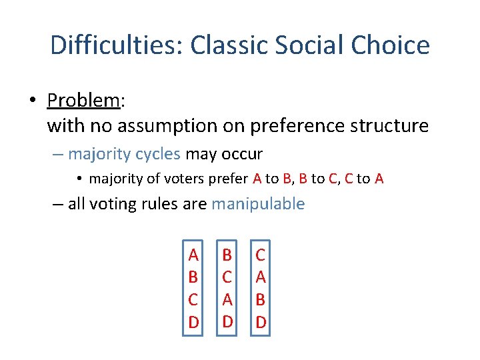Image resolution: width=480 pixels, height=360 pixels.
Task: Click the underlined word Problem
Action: coord(83,101)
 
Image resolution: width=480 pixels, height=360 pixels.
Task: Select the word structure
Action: coord(387,125)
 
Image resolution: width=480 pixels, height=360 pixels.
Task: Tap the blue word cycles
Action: coord(158,154)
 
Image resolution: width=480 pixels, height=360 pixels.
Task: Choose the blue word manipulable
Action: coord(258,204)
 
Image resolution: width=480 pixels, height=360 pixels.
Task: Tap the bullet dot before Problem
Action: coord(32,101)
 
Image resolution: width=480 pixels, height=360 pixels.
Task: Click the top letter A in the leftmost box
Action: coord(193,255)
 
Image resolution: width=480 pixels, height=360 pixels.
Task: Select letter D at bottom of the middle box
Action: coord(227,322)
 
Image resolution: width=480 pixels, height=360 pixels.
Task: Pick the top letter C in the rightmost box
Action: coord(261,255)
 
